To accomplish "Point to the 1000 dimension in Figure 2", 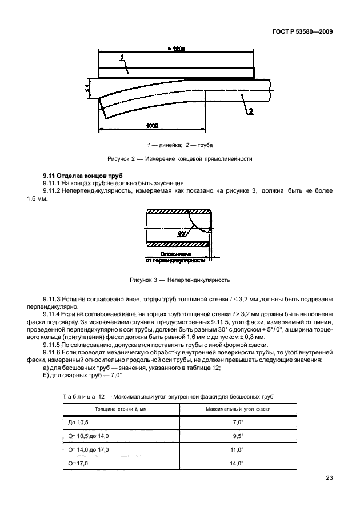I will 151,125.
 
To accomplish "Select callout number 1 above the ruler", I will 123,57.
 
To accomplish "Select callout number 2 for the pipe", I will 250,111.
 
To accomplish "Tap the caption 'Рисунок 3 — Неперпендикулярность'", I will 179,280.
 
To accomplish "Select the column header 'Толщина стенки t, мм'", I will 121,409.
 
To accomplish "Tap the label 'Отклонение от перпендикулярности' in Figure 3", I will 175,256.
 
